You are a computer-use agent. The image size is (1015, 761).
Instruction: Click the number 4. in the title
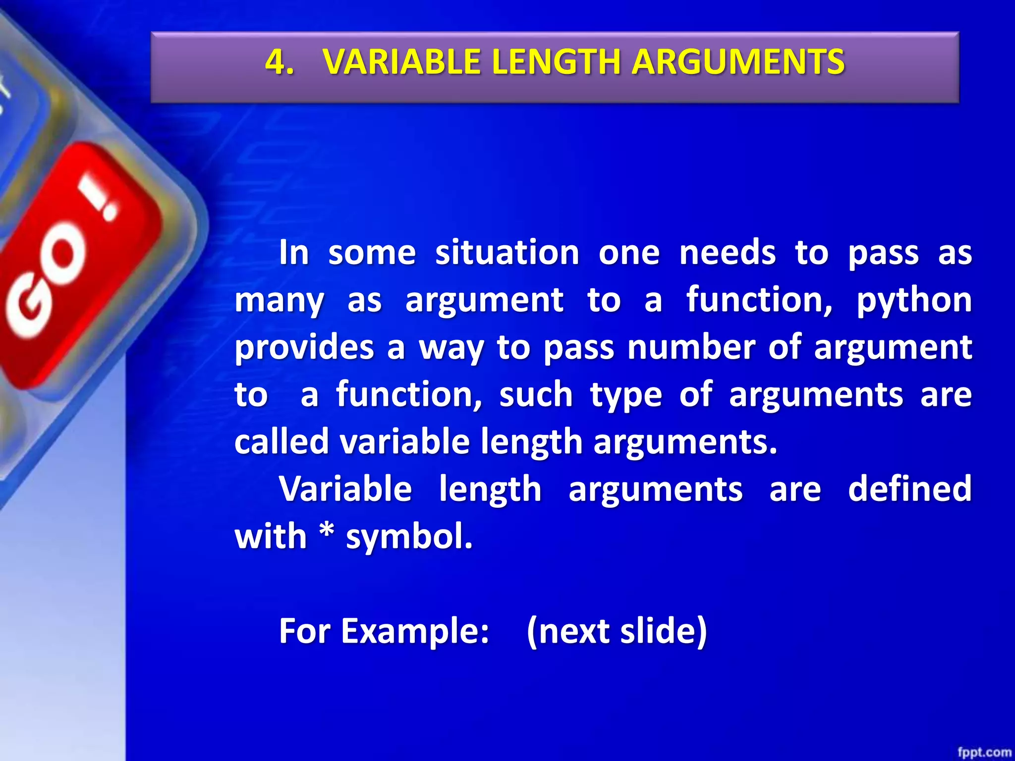click(x=279, y=62)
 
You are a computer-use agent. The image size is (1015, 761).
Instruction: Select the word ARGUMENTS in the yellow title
click(x=738, y=62)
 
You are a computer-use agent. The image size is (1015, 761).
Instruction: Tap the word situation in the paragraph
click(x=507, y=253)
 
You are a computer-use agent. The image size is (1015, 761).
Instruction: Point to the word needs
click(x=727, y=253)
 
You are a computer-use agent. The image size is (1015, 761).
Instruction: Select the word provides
click(x=304, y=348)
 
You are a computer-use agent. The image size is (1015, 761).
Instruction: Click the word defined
click(x=909, y=489)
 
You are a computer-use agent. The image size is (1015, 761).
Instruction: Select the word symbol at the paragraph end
click(x=409, y=537)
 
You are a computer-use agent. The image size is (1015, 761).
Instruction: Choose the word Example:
click(x=415, y=632)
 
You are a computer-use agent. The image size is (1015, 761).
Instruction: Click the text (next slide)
click(x=617, y=632)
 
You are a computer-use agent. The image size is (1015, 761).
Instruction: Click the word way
click(x=451, y=348)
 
